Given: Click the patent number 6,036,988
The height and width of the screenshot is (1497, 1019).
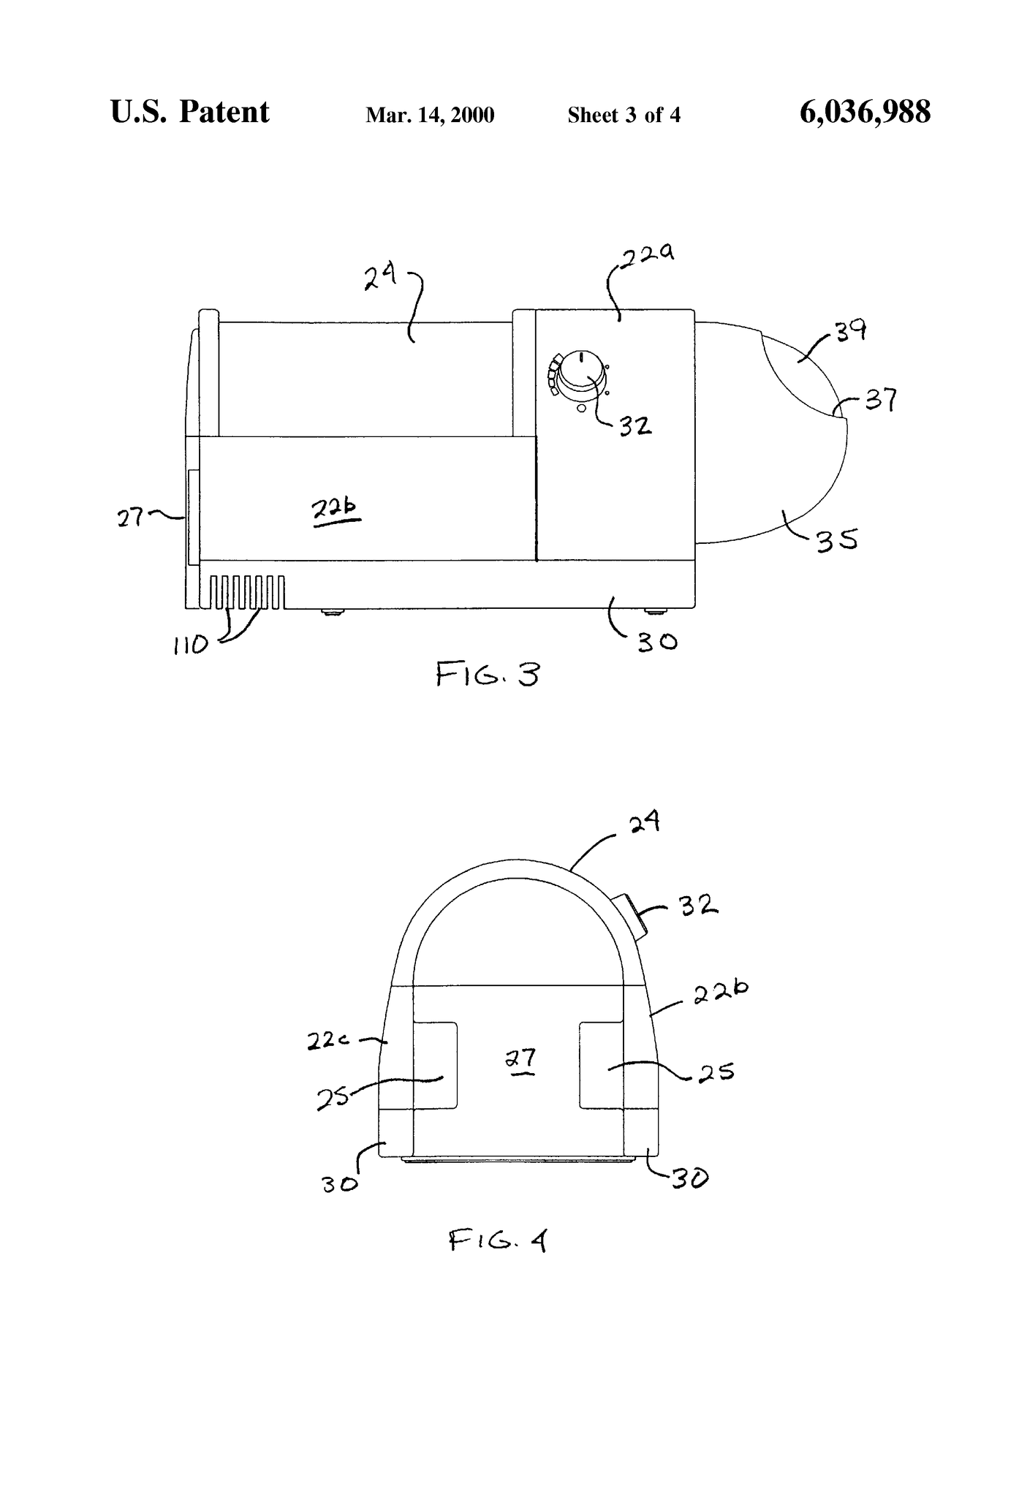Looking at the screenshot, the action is (865, 113).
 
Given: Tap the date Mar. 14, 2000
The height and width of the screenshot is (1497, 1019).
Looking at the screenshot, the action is (430, 115).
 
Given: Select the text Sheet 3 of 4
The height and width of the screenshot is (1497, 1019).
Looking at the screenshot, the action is (624, 115).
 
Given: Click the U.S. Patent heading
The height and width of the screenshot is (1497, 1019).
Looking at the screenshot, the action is (189, 112).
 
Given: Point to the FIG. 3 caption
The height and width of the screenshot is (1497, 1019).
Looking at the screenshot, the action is (488, 673).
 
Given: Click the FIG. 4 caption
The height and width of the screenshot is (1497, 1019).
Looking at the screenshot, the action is (498, 1240).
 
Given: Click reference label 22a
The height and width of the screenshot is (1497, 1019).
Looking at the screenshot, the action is (648, 257).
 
